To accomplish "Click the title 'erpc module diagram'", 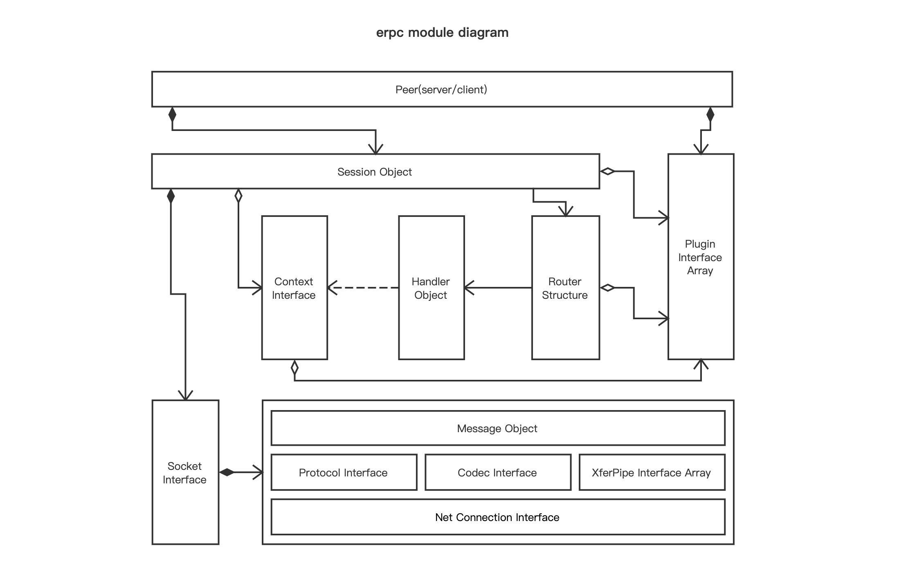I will (x=442, y=32).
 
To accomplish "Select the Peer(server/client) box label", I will (x=441, y=90).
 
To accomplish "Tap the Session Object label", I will (x=374, y=172).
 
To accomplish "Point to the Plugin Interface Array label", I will (x=700, y=257).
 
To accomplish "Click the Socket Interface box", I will (x=185, y=473).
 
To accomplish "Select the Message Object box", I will (x=497, y=429).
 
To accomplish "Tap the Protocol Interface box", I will (x=344, y=473).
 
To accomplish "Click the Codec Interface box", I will (x=497, y=473).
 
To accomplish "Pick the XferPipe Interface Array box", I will (x=652, y=473).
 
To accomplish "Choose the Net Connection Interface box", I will (x=497, y=517).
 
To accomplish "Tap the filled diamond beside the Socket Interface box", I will (x=227, y=472).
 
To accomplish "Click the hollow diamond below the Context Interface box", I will (x=294, y=368).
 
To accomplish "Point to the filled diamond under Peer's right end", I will (x=710, y=115).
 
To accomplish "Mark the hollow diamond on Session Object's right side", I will (x=607, y=171).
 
